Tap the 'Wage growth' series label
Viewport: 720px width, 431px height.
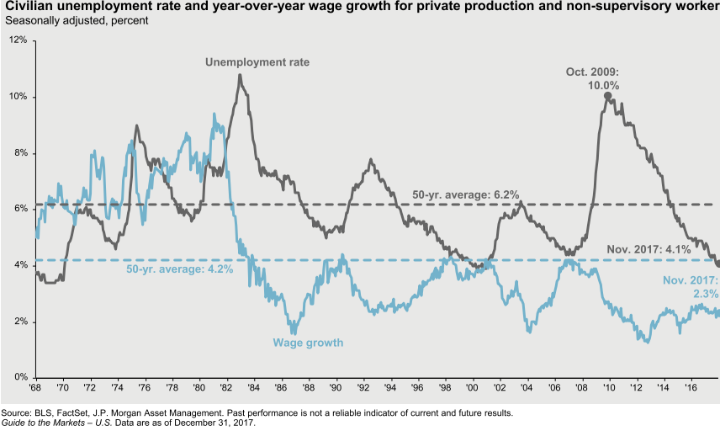click(x=301, y=343)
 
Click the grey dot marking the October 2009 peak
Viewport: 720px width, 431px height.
click(x=607, y=96)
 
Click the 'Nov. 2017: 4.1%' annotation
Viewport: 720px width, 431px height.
click(x=649, y=249)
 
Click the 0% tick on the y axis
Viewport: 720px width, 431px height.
click(x=20, y=377)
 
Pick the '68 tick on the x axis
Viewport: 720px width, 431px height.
click(x=35, y=388)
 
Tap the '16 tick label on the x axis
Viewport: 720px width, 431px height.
click(x=691, y=388)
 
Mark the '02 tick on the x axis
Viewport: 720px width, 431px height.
click(x=500, y=388)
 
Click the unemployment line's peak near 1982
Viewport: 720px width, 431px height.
click(x=241, y=75)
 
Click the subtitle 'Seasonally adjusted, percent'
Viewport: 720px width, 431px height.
click(x=77, y=20)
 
